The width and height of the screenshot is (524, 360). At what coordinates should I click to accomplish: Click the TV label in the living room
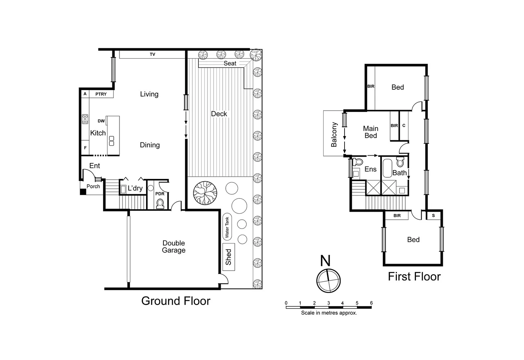tap(152, 54)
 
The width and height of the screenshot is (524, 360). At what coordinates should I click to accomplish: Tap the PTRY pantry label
tap(101, 94)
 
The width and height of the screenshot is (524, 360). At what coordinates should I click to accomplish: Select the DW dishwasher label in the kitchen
tap(101, 121)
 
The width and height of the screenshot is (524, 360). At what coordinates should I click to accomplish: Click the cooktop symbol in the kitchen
tap(85, 119)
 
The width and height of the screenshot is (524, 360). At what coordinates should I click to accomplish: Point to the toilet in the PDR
tap(160, 203)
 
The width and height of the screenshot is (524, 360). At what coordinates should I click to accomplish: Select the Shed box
tap(228, 257)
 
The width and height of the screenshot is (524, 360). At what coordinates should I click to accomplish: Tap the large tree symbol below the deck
tap(205, 193)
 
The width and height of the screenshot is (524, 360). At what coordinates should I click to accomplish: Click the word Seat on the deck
tap(230, 63)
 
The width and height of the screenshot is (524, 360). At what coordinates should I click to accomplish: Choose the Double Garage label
tap(173, 247)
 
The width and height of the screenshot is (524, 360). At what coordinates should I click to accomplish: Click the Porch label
tap(93, 186)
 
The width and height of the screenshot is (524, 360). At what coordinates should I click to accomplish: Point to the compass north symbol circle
tap(329, 280)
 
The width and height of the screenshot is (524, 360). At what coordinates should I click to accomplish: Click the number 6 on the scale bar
tap(371, 303)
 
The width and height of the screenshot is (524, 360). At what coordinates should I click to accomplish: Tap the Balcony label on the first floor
tap(334, 134)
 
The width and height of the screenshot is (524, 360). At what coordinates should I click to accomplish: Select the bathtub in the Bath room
tap(387, 168)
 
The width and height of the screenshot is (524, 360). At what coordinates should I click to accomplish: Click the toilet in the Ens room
tap(358, 162)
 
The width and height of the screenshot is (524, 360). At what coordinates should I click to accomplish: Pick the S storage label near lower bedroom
tap(433, 216)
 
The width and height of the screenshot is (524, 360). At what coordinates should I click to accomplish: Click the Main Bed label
tap(371, 132)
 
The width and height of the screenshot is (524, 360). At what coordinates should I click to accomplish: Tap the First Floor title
tap(414, 276)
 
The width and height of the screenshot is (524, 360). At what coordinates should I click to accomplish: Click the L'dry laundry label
tap(135, 188)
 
